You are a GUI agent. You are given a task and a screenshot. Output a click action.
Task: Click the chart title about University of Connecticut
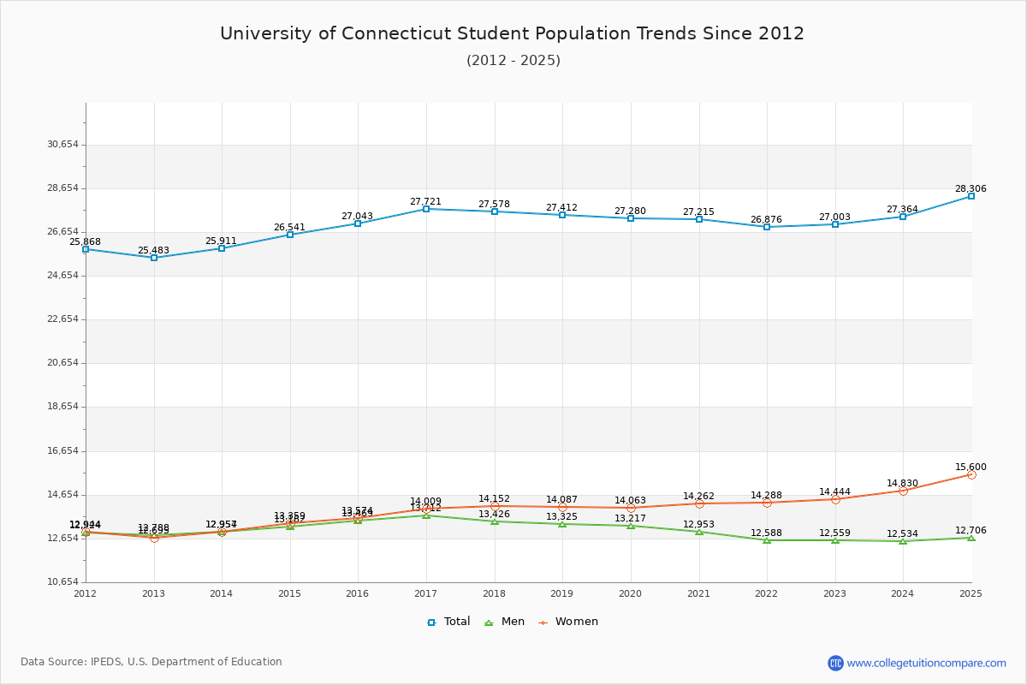(512, 33)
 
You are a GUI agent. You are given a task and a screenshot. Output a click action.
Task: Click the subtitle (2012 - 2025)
(513, 60)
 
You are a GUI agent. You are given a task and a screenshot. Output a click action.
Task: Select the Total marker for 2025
(971, 196)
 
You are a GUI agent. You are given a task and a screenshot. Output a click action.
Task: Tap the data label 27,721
(425, 201)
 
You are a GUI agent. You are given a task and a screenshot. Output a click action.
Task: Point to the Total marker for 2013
(154, 258)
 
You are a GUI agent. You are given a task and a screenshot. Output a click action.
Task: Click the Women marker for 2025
(971, 474)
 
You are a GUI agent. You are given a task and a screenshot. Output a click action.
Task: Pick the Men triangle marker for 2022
(767, 540)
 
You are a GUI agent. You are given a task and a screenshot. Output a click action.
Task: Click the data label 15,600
(971, 467)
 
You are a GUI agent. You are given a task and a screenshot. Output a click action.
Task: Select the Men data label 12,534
(902, 533)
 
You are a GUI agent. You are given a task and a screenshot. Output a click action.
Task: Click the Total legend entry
(449, 622)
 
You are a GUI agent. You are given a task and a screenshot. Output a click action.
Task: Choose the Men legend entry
(505, 622)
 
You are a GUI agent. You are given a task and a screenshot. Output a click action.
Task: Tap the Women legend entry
(568, 622)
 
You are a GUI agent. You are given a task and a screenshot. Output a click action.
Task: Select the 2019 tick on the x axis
(562, 593)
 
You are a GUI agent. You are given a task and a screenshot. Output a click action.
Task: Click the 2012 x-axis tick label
(86, 593)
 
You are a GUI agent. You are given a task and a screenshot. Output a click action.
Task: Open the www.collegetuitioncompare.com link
(926, 663)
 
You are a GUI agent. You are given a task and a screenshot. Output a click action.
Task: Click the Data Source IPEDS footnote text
(151, 662)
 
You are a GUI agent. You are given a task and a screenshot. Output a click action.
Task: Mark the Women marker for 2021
(699, 503)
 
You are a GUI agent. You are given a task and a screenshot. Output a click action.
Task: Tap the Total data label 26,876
(766, 219)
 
